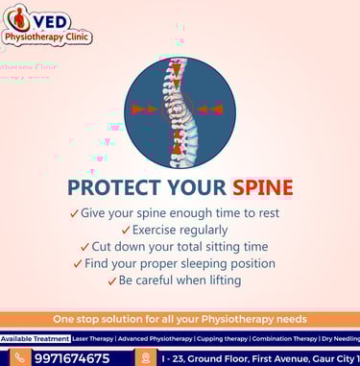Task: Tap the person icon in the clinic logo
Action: pyautogui.click(x=16, y=19)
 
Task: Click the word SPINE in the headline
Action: pyautogui.click(x=262, y=186)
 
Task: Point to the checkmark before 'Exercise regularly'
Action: pyautogui.click(x=126, y=230)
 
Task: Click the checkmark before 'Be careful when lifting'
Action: pyautogui.click(x=110, y=281)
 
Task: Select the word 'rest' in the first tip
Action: pyautogui.click(x=276, y=212)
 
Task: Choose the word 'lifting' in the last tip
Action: pyautogui.click(x=222, y=281)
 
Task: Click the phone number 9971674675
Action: pyautogui.click(x=71, y=357)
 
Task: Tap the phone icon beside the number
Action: pyautogui.click(x=18, y=357)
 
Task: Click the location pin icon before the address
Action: pyautogui.click(x=145, y=357)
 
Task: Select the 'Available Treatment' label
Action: pyautogui.click(x=36, y=338)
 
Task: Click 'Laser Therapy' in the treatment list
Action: pyautogui.click(x=94, y=338)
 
